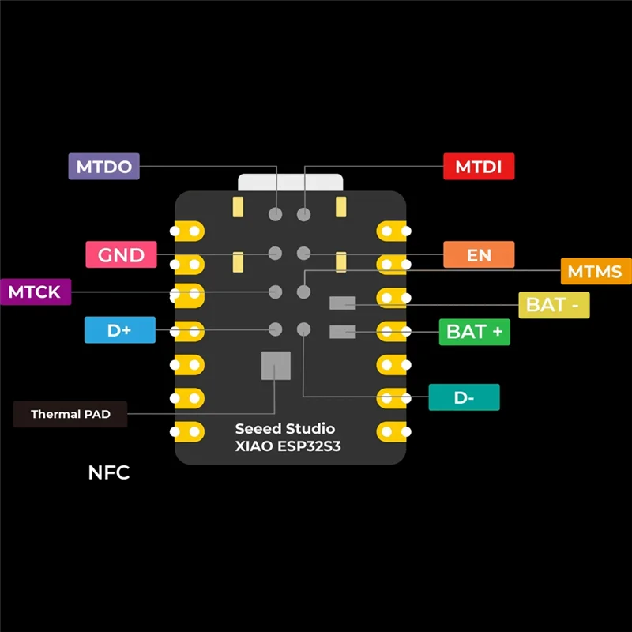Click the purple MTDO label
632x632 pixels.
[103, 167]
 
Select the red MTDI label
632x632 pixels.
[479, 167]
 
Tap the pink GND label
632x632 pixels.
[121, 255]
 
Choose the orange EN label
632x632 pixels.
[479, 255]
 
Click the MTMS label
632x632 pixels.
[595, 272]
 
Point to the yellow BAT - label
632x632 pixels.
[553, 305]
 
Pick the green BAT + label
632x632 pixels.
[474, 332]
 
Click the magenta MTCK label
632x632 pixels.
[35, 292]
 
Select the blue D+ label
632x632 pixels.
[119, 330]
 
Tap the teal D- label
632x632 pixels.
[464, 397]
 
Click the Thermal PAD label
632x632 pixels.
[70, 414]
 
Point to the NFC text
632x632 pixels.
[108, 473]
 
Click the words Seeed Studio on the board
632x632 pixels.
[285, 429]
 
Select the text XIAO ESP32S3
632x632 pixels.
[288, 446]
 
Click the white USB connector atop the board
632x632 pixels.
[290, 182]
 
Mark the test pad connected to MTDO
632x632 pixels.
[276, 214]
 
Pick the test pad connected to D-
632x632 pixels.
[303, 329]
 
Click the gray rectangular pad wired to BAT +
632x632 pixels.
[342, 332]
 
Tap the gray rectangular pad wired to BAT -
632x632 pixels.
[342, 303]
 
